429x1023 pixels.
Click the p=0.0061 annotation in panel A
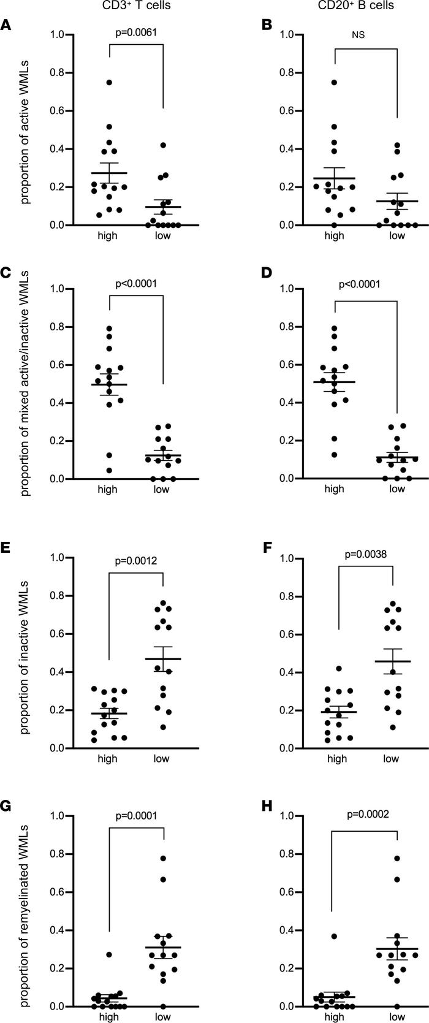pos(136,32)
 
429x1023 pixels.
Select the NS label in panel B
pos(359,35)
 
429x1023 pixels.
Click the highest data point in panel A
pos(109,82)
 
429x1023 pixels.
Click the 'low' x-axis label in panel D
pos(397,489)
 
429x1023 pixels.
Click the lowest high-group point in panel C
pos(109,470)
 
